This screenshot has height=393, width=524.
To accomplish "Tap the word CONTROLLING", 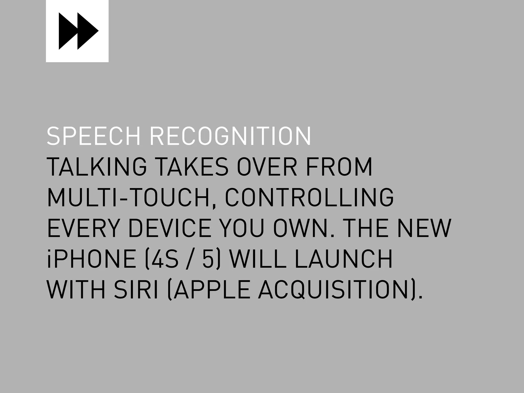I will tap(309, 198).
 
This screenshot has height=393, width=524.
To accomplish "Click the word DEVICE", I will tap(170, 228).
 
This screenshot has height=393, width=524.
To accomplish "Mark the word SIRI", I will tap(136, 290).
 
